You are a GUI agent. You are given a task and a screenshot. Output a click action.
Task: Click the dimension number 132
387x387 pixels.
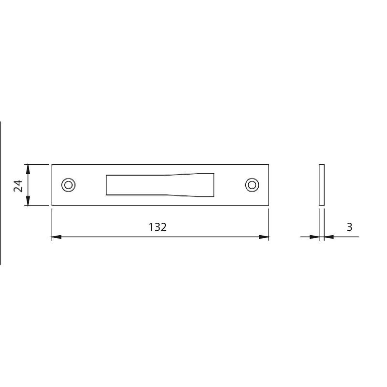(158, 227)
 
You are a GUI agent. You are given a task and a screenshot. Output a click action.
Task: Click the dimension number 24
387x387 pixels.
(18, 186)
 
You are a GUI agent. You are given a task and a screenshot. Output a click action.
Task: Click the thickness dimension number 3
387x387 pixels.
(349, 227)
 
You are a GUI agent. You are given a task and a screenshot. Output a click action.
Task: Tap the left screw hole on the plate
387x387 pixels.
(68, 185)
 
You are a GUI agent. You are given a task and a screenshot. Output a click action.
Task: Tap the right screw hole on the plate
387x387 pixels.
(252, 185)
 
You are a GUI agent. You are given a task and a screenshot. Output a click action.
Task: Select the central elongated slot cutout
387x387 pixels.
(160, 185)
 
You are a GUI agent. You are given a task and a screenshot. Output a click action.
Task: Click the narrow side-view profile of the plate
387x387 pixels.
(322, 185)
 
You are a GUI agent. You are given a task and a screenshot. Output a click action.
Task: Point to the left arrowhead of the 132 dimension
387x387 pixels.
(57, 237)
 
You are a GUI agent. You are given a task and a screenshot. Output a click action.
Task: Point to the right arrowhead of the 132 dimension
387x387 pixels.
(264, 237)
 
